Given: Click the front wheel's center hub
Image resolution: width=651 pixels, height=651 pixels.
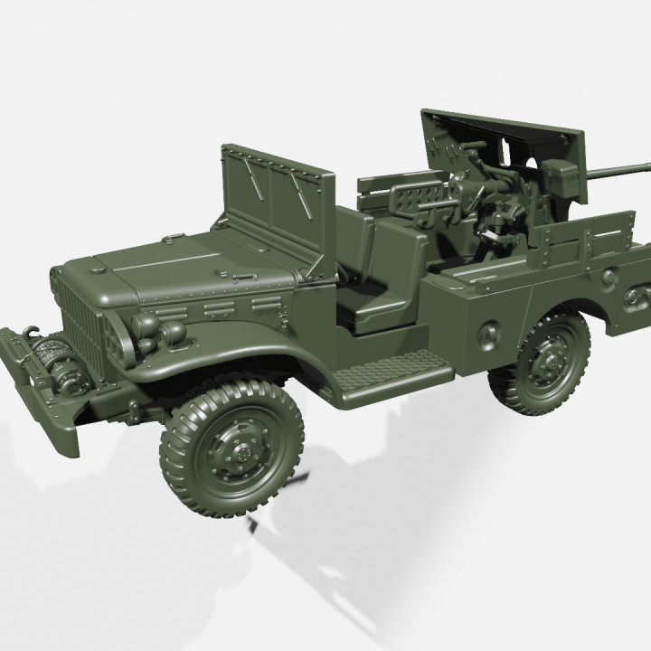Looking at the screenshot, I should click(233, 448).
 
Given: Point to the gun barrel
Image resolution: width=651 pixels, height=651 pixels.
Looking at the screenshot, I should click(615, 169).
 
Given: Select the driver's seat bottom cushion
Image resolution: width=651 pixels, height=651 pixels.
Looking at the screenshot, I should click(371, 304).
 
